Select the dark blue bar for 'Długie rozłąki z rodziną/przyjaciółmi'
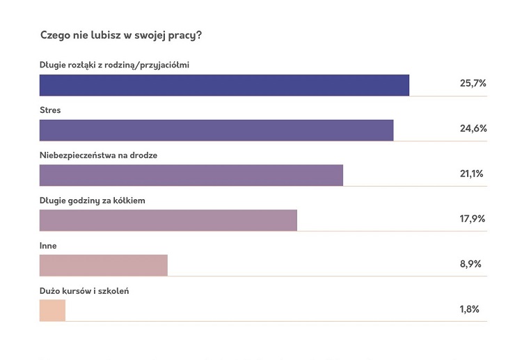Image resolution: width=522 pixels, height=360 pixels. coord(224,85)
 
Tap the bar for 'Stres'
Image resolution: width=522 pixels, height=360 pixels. coord(216,130)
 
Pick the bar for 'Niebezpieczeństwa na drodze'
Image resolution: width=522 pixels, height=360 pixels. coord(191,175)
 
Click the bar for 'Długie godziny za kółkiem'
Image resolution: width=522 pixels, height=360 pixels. coord(168,220)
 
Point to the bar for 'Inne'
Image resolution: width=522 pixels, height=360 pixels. coord(104,265)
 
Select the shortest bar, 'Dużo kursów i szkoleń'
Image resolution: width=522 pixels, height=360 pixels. coord(52,310)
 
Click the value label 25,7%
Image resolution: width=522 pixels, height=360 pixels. coord(473,84)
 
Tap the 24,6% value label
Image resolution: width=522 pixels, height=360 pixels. coord(473,129)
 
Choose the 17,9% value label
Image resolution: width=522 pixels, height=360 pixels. coord(473,219)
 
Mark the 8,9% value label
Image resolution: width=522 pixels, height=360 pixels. coord(470,264)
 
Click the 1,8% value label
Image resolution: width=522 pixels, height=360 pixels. coord(469,309)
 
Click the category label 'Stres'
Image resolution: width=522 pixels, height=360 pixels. coord(51,110)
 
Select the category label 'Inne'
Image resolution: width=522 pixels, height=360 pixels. coord(48,245)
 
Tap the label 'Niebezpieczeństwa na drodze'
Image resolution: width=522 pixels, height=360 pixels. coord(98,155)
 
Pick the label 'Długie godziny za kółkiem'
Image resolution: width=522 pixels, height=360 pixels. coord(92,201)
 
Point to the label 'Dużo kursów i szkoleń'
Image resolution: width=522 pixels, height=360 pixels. coord(84,290)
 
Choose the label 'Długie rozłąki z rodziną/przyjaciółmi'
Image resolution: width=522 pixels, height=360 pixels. coord(115,65)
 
